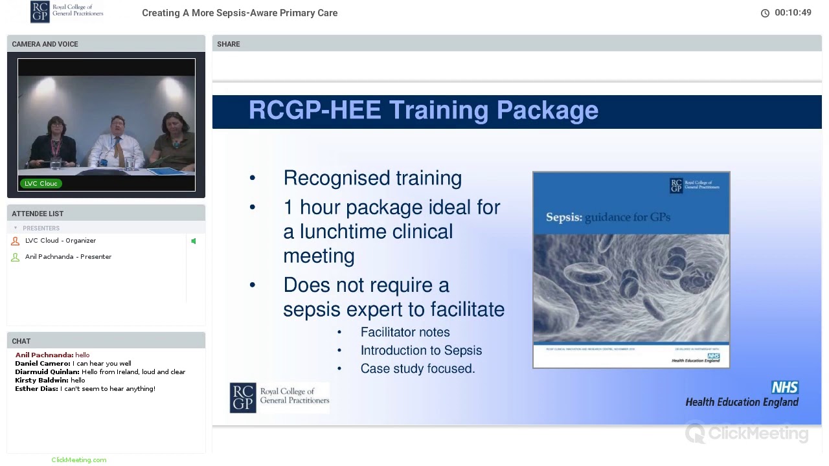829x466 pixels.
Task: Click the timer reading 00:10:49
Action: [x=793, y=13]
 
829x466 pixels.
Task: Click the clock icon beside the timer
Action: [x=765, y=13]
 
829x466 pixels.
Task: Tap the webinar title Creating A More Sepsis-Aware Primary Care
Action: [x=240, y=13]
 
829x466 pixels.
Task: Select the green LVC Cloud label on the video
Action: [x=41, y=184]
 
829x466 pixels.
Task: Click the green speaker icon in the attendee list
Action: [x=193, y=241]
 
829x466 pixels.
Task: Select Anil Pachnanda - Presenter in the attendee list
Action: [x=68, y=257]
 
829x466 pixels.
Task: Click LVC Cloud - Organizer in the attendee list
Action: [x=60, y=241]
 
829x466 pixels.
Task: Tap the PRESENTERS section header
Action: [x=41, y=228]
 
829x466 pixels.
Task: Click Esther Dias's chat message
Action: [x=108, y=389]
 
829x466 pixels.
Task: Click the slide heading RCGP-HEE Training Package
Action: [x=423, y=111]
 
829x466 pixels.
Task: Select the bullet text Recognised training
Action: [x=372, y=179]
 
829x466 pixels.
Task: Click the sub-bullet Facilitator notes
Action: [x=405, y=332]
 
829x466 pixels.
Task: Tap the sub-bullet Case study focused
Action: [x=418, y=368]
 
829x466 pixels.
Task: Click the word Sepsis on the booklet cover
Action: [x=563, y=217]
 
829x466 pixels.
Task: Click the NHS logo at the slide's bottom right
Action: [x=784, y=388]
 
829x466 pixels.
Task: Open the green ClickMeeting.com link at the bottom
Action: [x=78, y=460]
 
